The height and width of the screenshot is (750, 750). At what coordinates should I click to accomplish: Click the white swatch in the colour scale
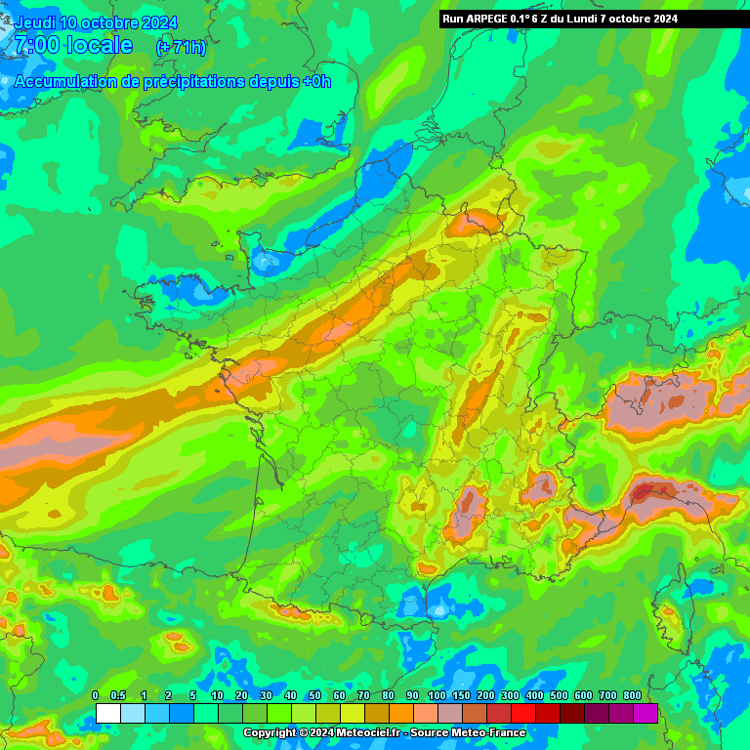[x=107, y=713]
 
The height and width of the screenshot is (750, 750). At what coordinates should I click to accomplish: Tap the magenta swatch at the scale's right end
[x=645, y=713]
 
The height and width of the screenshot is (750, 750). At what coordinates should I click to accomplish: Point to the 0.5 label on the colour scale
[x=119, y=695]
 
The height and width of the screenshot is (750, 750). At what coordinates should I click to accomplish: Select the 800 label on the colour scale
[x=633, y=695]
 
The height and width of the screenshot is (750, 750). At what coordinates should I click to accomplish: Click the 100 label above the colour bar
[x=437, y=695]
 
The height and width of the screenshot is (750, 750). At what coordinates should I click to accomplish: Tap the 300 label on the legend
[x=510, y=695]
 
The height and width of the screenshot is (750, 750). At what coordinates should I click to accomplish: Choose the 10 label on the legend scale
[x=217, y=695]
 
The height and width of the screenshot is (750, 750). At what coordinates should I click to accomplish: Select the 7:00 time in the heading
[x=37, y=45]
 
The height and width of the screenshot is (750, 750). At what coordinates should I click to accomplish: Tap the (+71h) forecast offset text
[x=181, y=47]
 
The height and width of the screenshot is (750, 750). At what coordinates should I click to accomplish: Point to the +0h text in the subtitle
[x=316, y=81]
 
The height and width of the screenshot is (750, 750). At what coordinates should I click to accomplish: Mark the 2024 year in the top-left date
[x=157, y=22]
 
